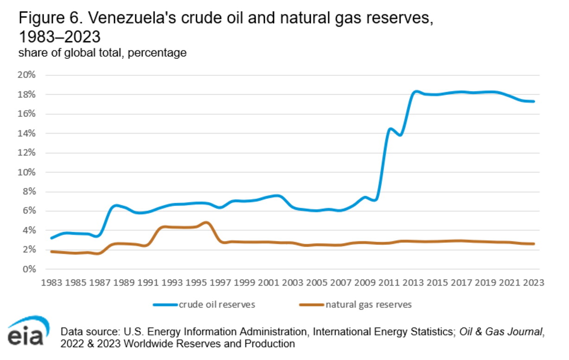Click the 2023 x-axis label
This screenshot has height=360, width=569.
[534, 283]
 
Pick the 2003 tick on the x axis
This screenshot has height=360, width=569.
[292, 283]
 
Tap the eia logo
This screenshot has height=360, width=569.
[27, 331]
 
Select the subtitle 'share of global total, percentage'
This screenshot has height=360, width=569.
[102, 53]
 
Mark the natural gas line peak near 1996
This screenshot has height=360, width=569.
[206, 223]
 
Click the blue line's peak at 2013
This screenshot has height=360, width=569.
[416, 91]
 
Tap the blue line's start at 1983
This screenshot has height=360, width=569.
[51, 238]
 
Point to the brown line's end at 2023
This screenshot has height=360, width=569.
[534, 244]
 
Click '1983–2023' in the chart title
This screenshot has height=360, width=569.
[59, 37]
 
